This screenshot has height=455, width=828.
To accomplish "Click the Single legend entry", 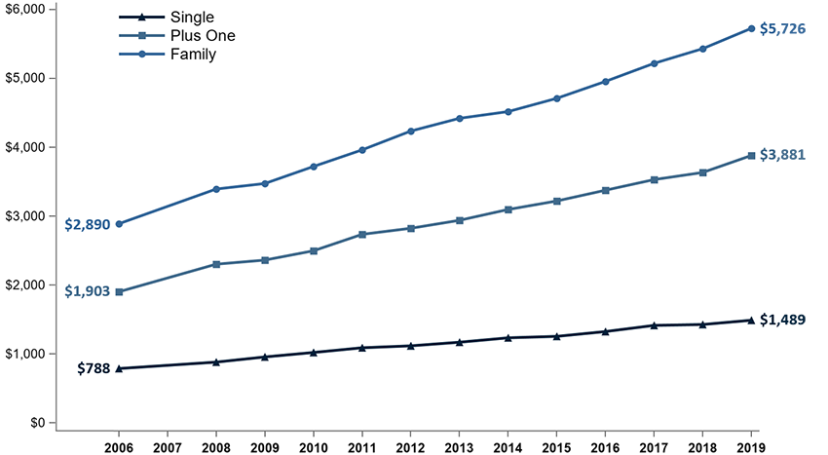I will pyautogui.click(x=192, y=18).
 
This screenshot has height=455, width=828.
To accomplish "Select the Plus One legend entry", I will pyautogui.click(x=202, y=36).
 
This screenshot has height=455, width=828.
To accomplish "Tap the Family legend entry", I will pyautogui.click(x=193, y=55).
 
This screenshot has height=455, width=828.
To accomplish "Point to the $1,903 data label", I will pyautogui.click(x=87, y=291).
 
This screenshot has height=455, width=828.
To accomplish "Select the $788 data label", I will pyautogui.click(x=94, y=368).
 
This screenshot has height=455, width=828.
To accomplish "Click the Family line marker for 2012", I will pyautogui.click(x=411, y=131).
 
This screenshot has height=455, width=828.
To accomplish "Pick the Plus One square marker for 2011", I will pyautogui.click(x=362, y=235).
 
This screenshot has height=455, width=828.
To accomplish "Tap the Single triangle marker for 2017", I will pyautogui.click(x=654, y=325).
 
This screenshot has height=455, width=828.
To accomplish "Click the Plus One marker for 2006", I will pyautogui.click(x=119, y=291).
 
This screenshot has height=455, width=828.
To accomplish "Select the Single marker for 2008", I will pyautogui.click(x=216, y=362).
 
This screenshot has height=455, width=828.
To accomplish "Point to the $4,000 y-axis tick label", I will pyautogui.click(x=27, y=147).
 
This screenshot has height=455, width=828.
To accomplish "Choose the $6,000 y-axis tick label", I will pyautogui.click(x=27, y=9).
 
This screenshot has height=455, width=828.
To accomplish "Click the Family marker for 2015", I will pyautogui.click(x=556, y=98).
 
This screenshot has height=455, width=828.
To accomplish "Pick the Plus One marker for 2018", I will pyautogui.click(x=702, y=172).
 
